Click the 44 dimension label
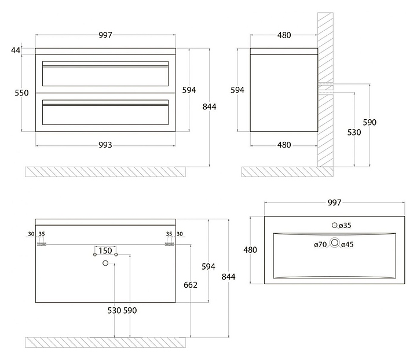[x=16, y=51]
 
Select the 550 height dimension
[x=21, y=93]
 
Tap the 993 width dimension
[x=105, y=145]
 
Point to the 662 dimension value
[x=190, y=285]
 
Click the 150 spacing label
[x=105, y=251]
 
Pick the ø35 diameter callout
[x=346, y=225]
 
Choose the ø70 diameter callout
[x=321, y=245]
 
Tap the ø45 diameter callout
[x=348, y=245]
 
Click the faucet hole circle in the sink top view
[x=334, y=225]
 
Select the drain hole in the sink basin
[x=334, y=244]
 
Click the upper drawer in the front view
[x=105, y=74]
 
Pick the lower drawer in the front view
[x=105, y=113]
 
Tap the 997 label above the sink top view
[x=334, y=203]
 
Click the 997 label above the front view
[x=105, y=35]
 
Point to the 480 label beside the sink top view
[x=250, y=250]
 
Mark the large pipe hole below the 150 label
[x=105, y=264]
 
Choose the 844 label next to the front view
[x=209, y=106]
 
